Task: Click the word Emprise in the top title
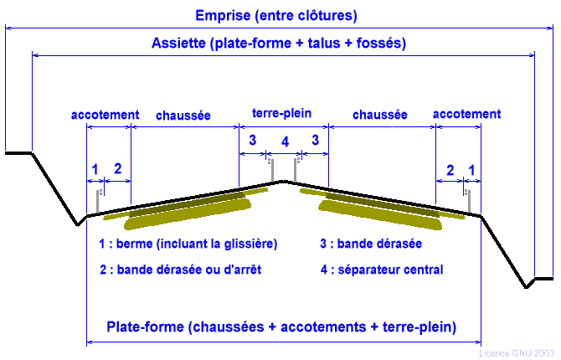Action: [x=221, y=15]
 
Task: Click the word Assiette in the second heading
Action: [x=180, y=44]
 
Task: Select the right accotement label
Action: [x=467, y=114]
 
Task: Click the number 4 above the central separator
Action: [x=285, y=143]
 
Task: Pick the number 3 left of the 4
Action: [x=252, y=141]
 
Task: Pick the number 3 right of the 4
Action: [x=316, y=141]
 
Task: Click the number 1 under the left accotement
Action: [x=95, y=169]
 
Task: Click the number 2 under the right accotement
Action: [x=450, y=170]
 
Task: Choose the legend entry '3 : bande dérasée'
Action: [x=370, y=244]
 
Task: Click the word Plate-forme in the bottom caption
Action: [x=143, y=326]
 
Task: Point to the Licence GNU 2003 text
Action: [x=517, y=353]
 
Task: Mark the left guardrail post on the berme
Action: [x=99, y=201]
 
